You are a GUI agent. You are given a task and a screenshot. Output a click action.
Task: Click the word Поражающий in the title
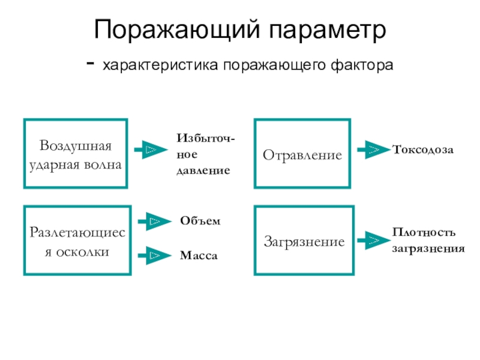(177, 29)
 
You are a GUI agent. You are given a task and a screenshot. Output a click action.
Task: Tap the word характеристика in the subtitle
(160, 65)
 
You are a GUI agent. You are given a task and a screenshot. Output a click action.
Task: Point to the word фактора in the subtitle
(362, 65)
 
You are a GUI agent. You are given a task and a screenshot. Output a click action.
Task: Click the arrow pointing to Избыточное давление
(151, 149)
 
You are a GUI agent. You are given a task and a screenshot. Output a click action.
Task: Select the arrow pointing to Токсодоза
(374, 149)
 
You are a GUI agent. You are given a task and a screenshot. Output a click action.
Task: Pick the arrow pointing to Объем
(155, 221)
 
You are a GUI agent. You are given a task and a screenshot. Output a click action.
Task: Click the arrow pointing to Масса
(155, 256)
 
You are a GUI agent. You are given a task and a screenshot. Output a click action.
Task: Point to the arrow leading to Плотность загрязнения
(374, 241)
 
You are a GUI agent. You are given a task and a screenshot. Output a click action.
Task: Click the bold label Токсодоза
(423, 149)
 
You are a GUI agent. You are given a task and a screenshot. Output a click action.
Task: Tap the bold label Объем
(200, 221)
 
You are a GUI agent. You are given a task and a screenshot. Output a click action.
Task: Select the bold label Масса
(199, 256)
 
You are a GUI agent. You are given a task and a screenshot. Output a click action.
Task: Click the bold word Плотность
(424, 232)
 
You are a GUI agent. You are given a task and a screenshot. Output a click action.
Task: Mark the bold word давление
(203, 170)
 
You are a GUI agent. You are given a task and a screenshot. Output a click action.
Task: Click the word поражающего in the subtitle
(274, 65)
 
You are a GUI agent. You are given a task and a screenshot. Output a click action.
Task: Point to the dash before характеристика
(91, 64)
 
